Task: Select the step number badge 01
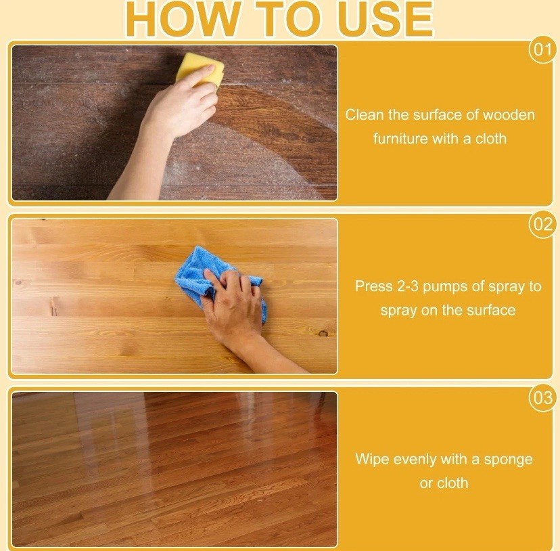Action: pos(542,49)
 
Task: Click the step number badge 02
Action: pos(542,225)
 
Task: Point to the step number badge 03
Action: pos(542,397)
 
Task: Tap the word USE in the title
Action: pos(385,18)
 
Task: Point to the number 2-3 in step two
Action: pos(408,286)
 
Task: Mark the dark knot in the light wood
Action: pos(323,334)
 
